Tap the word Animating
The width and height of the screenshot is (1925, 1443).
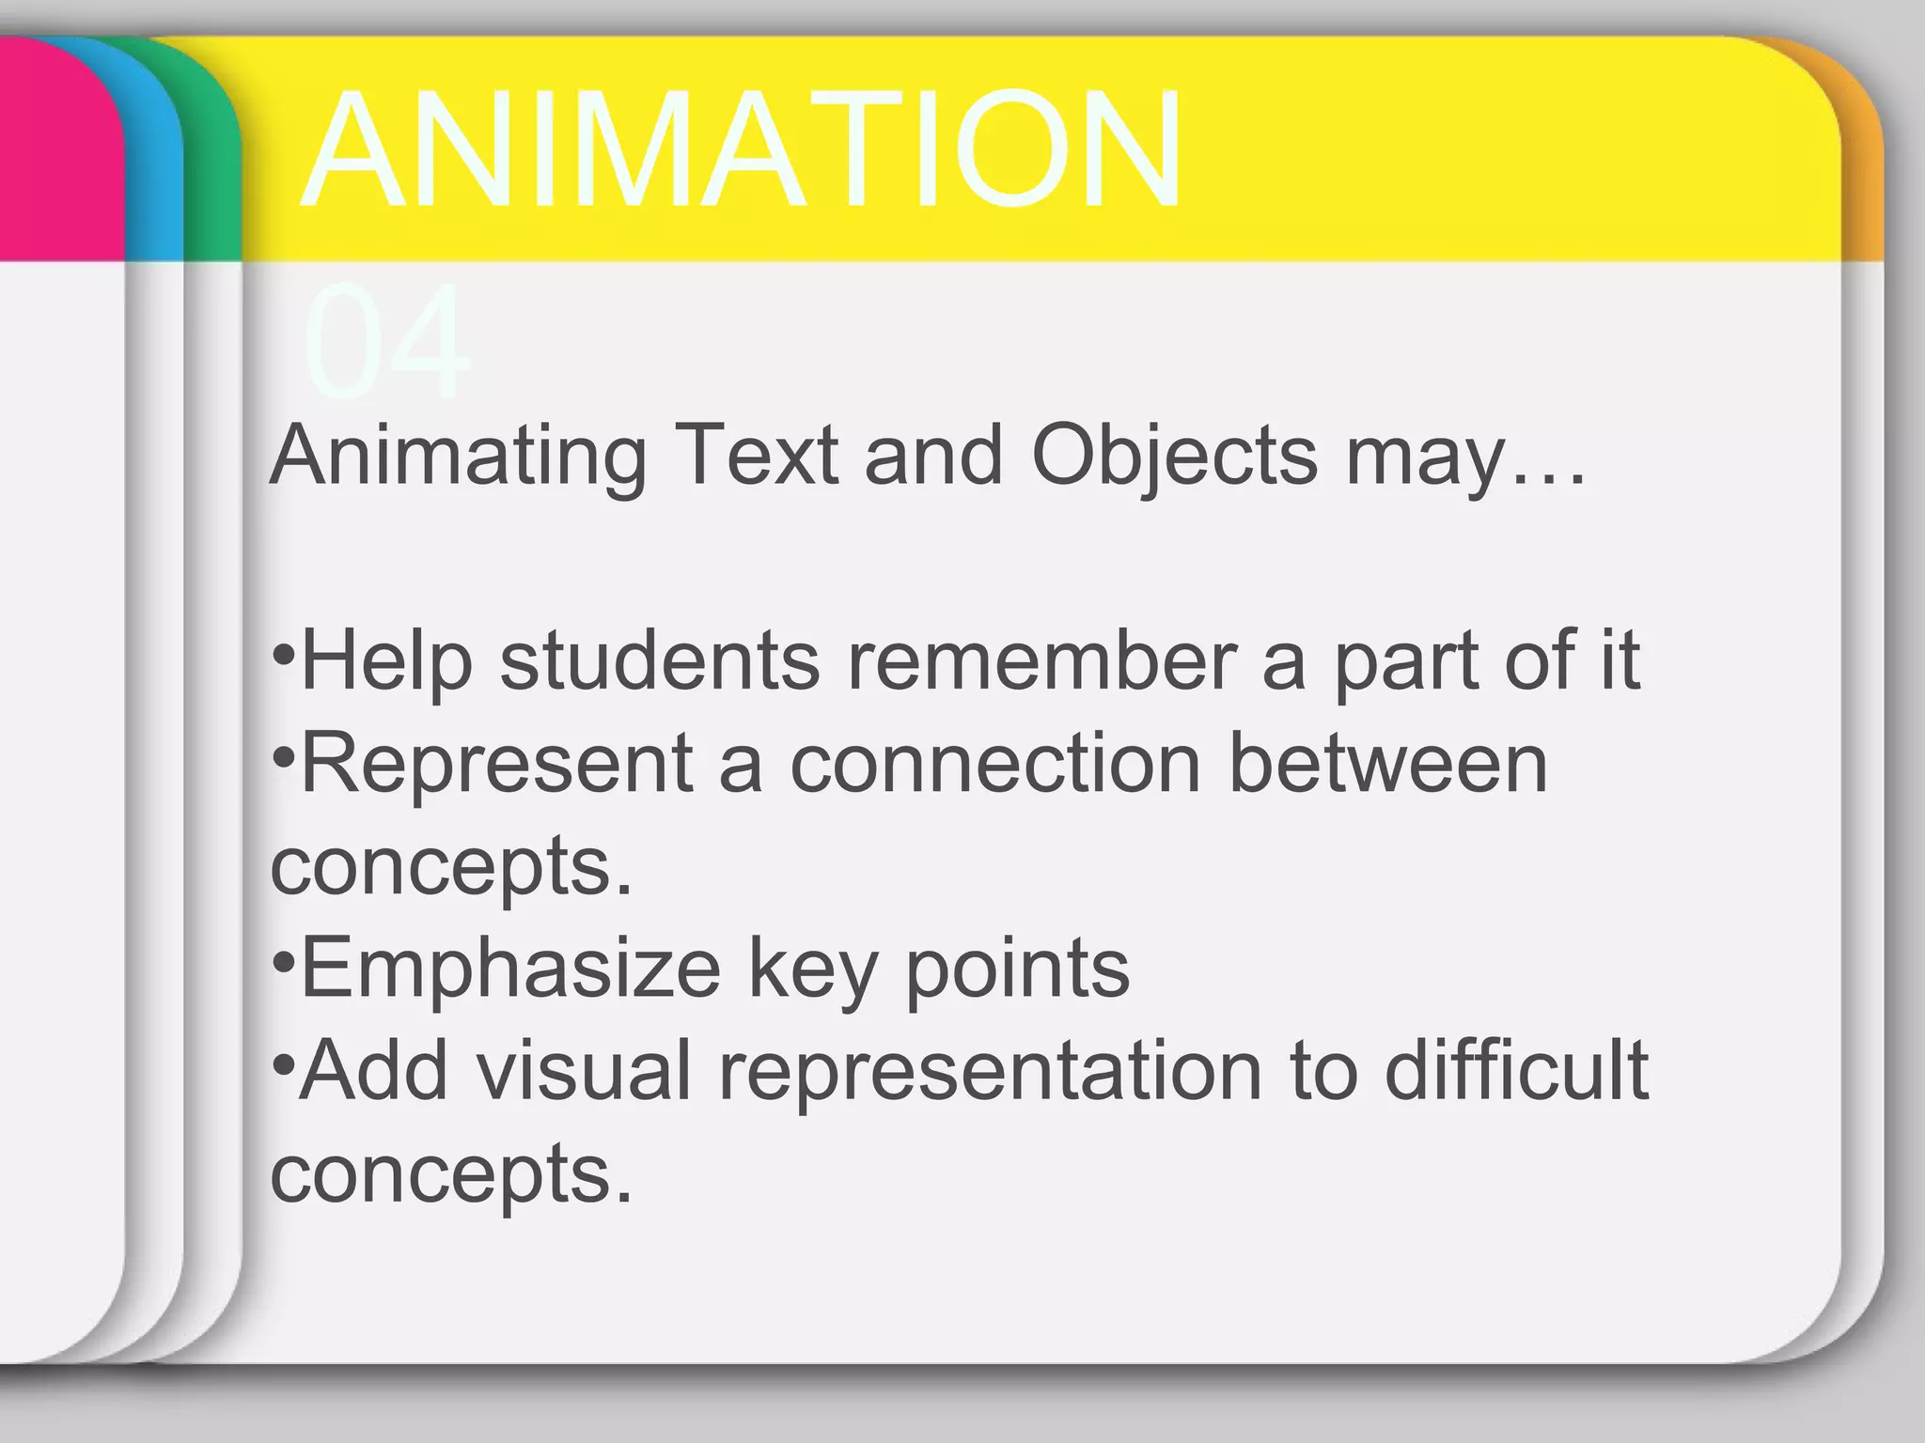(x=459, y=457)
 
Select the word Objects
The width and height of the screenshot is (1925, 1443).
(x=1175, y=457)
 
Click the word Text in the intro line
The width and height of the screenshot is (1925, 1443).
(x=756, y=457)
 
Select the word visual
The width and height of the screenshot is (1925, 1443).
(x=584, y=1071)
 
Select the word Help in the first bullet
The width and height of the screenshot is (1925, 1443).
(x=386, y=663)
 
